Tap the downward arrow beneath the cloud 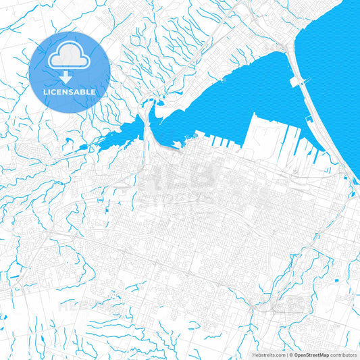pos(69,76)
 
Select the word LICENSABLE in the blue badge pos(69,91)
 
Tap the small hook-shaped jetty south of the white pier pos(308,120)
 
